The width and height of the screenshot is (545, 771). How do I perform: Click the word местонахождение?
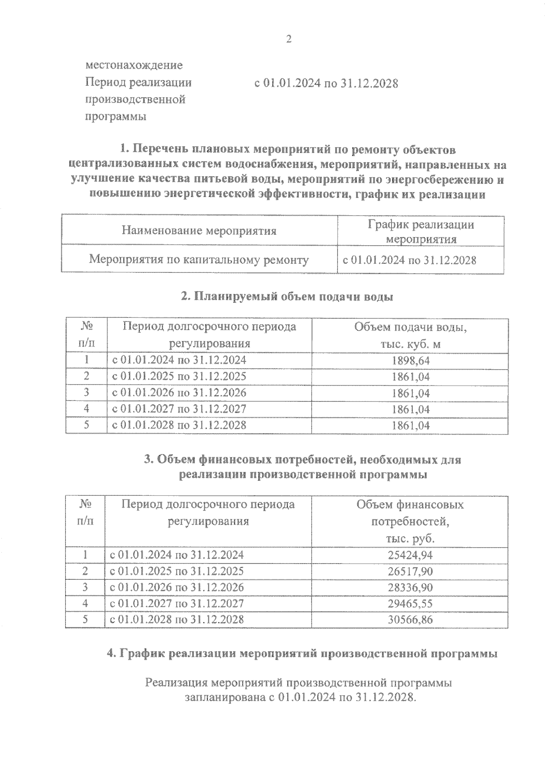[134, 65]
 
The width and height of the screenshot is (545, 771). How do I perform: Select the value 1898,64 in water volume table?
[410, 361]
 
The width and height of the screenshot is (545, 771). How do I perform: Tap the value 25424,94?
[410, 555]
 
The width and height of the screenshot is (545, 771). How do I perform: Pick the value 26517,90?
[410, 571]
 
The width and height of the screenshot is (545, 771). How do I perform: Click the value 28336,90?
[410, 588]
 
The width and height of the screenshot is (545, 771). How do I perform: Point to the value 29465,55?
[410, 604]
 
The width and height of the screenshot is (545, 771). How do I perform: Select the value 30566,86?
[410, 620]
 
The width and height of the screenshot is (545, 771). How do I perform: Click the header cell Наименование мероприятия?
[199, 231]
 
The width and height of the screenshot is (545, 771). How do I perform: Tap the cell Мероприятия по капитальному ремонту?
[199, 260]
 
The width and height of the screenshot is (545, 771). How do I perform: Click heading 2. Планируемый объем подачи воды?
[287, 297]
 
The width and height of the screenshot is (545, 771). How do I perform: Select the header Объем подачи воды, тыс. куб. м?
[410, 336]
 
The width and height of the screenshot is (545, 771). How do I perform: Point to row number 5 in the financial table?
[85, 620]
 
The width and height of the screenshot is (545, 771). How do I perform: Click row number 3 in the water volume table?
[86, 393]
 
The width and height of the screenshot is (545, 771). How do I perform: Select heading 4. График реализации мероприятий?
[302, 654]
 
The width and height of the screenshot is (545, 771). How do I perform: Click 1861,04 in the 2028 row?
[410, 425]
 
